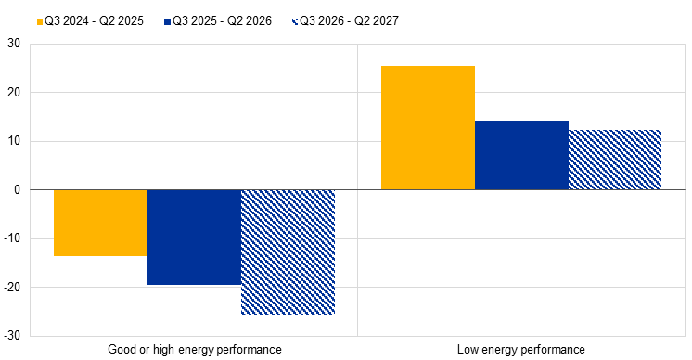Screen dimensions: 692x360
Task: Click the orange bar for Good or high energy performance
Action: (100, 223)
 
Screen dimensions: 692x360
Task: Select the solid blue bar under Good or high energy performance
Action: (194, 238)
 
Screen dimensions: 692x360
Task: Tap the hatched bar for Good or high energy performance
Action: (288, 252)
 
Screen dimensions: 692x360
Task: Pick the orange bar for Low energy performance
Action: (428, 128)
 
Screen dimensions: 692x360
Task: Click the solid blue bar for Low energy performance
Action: (521, 155)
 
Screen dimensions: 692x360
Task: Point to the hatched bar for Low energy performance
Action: (615, 160)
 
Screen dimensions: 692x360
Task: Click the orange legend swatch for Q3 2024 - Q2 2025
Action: (40, 21)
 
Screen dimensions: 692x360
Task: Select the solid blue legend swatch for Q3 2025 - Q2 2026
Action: (167, 21)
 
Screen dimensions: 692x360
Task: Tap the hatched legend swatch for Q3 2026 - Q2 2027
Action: (295, 21)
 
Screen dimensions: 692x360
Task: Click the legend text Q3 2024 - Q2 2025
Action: (94, 21)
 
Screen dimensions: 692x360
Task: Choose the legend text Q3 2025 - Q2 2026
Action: (222, 21)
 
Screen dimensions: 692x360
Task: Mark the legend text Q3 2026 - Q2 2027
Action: (349, 21)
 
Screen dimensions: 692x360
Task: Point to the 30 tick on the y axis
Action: (14, 44)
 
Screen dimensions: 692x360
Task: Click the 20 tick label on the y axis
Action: (14, 92)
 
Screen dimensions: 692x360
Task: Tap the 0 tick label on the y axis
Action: (18, 189)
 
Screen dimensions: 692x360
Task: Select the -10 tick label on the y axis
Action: (12, 238)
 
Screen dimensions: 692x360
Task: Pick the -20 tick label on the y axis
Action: (12, 288)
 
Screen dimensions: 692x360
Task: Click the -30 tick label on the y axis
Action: (12, 336)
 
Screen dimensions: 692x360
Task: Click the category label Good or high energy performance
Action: (195, 350)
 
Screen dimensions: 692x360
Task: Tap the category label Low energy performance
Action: (521, 350)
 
